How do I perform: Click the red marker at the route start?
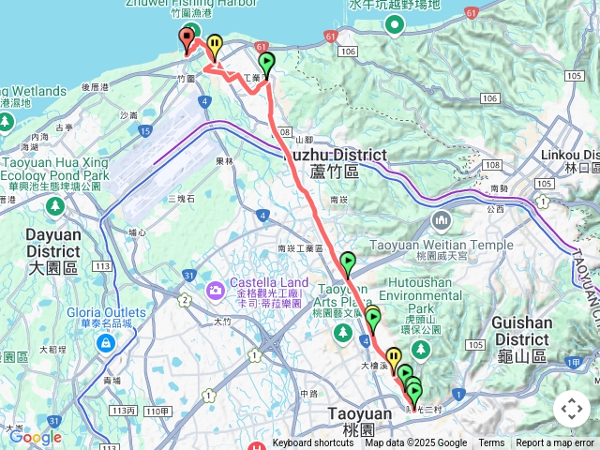click(x=186, y=38)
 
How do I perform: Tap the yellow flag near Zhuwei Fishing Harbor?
click(x=215, y=44)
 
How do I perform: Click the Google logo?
click(x=35, y=437)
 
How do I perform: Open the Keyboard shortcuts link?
click(x=313, y=443)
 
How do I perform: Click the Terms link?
click(x=491, y=443)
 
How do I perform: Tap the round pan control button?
click(x=572, y=410)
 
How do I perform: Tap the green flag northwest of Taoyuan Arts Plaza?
click(x=348, y=262)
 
